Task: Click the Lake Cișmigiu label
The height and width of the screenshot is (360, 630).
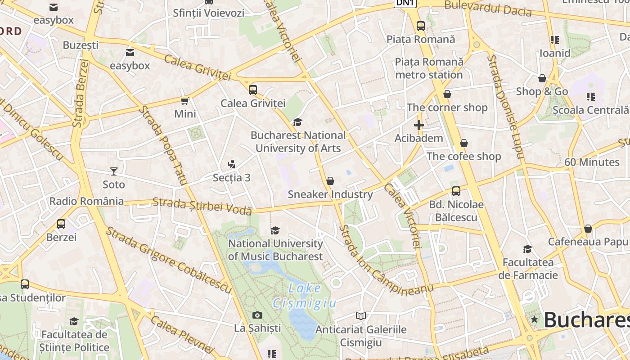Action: (304, 296)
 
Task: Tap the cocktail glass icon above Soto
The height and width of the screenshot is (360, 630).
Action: (113, 171)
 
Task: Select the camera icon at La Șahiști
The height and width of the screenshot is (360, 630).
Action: (257, 315)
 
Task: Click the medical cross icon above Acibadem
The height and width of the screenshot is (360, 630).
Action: (419, 125)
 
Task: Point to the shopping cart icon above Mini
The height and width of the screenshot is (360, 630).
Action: (184, 101)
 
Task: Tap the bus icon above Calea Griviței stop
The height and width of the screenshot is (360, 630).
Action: (253, 90)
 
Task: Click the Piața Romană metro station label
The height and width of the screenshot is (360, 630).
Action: (429, 68)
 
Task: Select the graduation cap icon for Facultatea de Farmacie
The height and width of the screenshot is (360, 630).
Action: (527, 249)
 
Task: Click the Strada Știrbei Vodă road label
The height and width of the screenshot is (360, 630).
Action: (202, 206)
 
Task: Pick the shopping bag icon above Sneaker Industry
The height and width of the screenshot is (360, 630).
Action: (330, 181)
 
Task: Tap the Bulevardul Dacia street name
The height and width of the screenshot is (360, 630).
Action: (488, 9)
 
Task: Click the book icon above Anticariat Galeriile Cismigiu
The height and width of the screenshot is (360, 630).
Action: (361, 316)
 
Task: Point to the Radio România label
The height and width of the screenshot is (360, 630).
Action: (86, 201)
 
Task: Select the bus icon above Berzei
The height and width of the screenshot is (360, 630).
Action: (61, 224)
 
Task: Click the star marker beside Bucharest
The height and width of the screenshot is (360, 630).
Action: (534, 319)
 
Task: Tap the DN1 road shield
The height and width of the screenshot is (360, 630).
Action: (405, 3)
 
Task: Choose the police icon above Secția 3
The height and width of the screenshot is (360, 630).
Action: (232, 164)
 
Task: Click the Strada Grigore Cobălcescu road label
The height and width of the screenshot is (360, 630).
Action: (169, 260)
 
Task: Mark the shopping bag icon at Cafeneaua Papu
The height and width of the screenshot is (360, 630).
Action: (588, 229)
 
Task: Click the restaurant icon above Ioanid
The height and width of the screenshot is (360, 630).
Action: (555, 40)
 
